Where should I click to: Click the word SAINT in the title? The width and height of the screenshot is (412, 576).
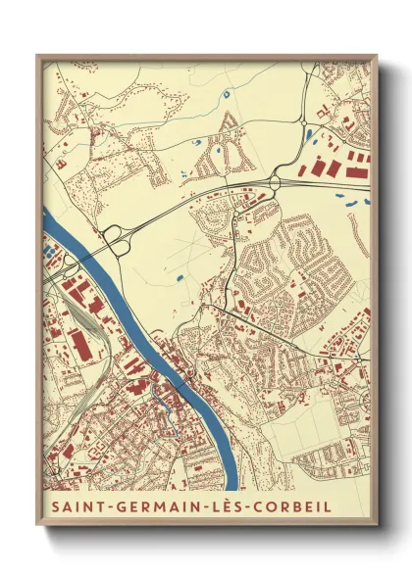(x=75, y=507)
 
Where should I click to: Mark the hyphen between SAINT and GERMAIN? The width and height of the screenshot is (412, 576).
(x=107, y=507)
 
